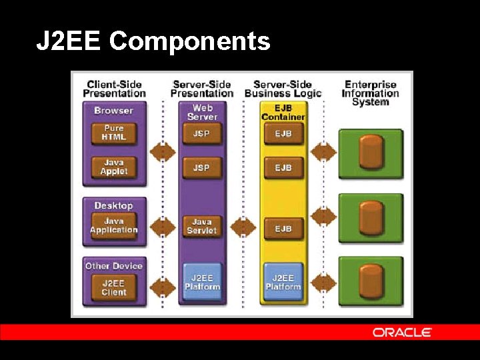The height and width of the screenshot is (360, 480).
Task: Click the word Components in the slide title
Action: [x=190, y=41]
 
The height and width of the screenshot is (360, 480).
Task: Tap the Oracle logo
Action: [x=402, y=332]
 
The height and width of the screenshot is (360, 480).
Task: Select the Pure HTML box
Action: [x=113, y=133]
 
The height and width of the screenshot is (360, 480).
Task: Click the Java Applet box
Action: [x=113, y=167]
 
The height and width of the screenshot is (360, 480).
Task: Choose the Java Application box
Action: [x=113, y=225]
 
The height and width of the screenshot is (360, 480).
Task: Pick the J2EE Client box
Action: [x=113, y=287]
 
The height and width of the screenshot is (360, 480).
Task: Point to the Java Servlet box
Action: [x=201, y=226]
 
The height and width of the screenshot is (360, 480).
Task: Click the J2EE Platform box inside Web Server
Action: [x=201, y=282]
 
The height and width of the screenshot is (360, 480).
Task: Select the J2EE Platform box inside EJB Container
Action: [x=283, y=282]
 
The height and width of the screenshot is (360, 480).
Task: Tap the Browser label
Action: [x=113, y=111]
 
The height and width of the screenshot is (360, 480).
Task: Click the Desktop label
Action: [x=113, y=206]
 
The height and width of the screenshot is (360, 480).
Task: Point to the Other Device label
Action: [x=113, y=266]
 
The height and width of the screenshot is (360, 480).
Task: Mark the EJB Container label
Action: [x=283, y=112]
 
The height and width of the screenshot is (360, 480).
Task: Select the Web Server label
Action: [x=201, y=112]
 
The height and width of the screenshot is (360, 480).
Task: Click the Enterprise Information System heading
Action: [x=370, y=93]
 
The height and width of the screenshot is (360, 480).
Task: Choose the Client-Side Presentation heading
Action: [x=114, y=89]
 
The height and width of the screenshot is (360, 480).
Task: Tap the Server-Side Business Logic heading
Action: [x=283, y=89]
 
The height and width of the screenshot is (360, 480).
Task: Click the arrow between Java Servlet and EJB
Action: [x=243, y=227]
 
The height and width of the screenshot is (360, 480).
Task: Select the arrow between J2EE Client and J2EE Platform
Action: [x=163, y=287]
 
